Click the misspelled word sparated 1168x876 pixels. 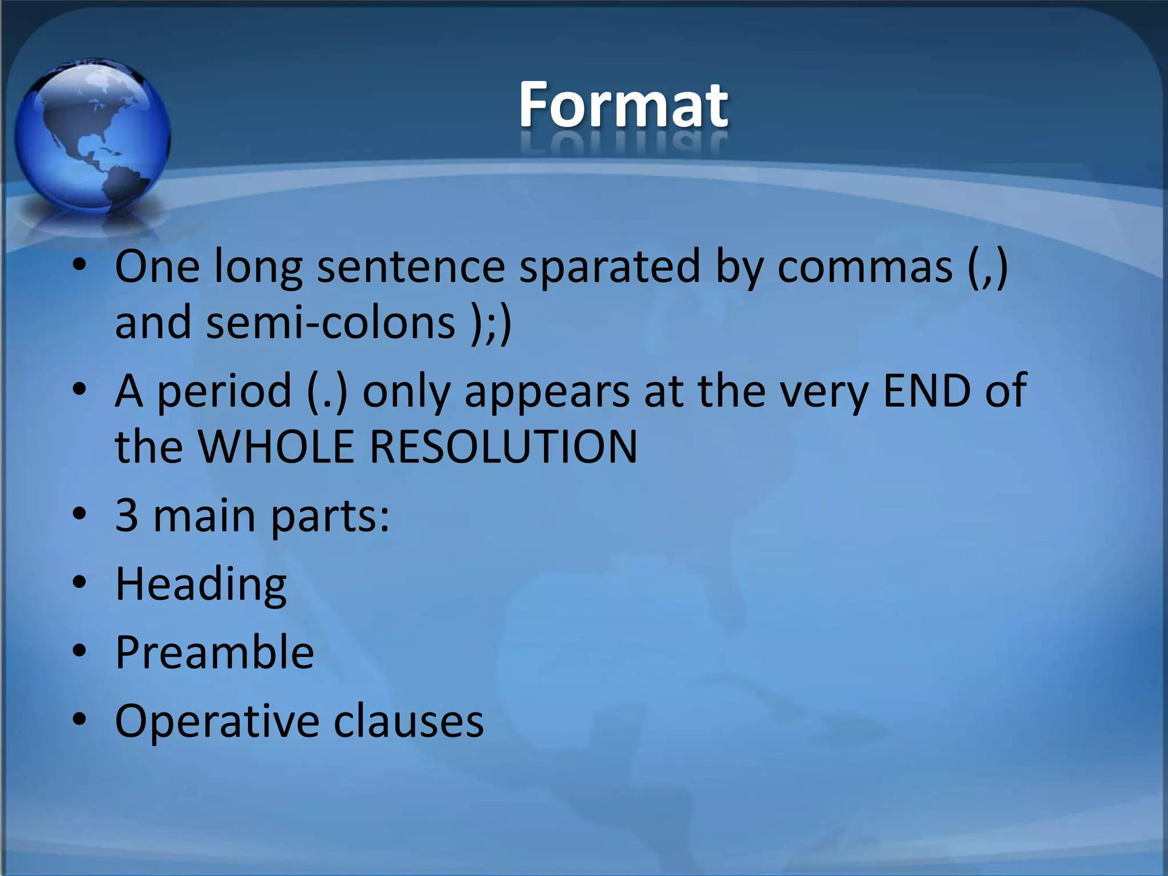[x=609, y=267]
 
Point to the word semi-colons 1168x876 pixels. [x=331, y=323]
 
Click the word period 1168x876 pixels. [x=224, y=391]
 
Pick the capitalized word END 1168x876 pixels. [x=926, y=391]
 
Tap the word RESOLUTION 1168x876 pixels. [x=504, y=446]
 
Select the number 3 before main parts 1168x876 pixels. [x=127, y=515]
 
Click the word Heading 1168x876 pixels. [x=201, y=584]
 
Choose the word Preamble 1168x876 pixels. [x=214, y=652]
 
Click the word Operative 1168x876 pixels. [x=216, y=721]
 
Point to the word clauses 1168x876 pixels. [x=408, y=721]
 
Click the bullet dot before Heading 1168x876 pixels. [x=79, y=583]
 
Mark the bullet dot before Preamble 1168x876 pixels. [x=79, y=651]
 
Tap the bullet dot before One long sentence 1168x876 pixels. [x=79, y=265]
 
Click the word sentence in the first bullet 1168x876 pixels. [x=411, y=267]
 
